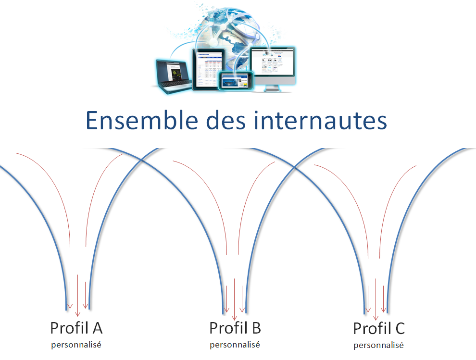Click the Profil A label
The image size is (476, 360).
pyautogui.click(x=76, y=328)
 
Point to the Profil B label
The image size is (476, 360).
pyautogui.click(x=235, y=328)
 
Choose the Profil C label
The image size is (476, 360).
pyautogui.click(x=379, y=329)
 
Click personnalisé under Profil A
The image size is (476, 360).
pyautogui.click(x=76, y=345)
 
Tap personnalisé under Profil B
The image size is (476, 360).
pyautogui.click(x=235, y=345)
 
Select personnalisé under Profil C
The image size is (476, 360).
pyautogui.click(x=379, y=345)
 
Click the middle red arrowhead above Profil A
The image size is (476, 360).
pyautogui.click(x=77, y=314)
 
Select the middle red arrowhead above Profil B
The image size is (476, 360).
pyautogui.click(x=234, y=318)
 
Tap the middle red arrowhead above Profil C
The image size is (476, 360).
pyautogui.click(x=376, y=318)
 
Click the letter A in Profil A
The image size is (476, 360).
pyautogui.click(x=97, y=328)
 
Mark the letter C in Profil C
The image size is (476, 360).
pyautogui.click(x=400, y=329)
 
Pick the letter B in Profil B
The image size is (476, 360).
pyautogui.click(x=256, y=328)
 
